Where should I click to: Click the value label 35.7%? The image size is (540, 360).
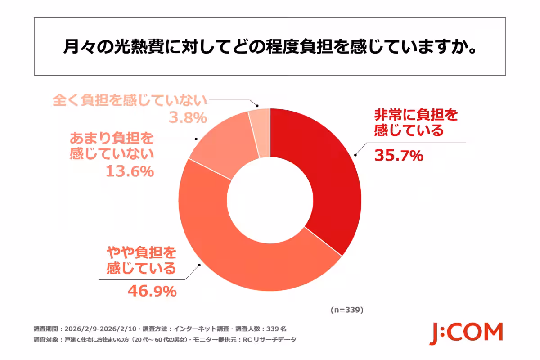pos(399,156)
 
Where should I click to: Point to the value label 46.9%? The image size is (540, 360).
pos(151,292)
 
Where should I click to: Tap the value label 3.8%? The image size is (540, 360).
pos(188,118)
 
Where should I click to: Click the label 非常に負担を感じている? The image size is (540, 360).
pos(416,123)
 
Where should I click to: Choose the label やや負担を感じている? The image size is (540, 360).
pos(141,260)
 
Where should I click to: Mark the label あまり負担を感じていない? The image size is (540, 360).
pos(112,145)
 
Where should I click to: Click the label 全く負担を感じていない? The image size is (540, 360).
pos(130,100)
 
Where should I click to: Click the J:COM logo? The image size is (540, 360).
pos(466,333)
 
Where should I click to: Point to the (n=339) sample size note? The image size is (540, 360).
pos(346,310)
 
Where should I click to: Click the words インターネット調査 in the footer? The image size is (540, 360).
pos(201,328)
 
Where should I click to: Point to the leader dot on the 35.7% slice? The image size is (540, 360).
pos(355,154)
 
